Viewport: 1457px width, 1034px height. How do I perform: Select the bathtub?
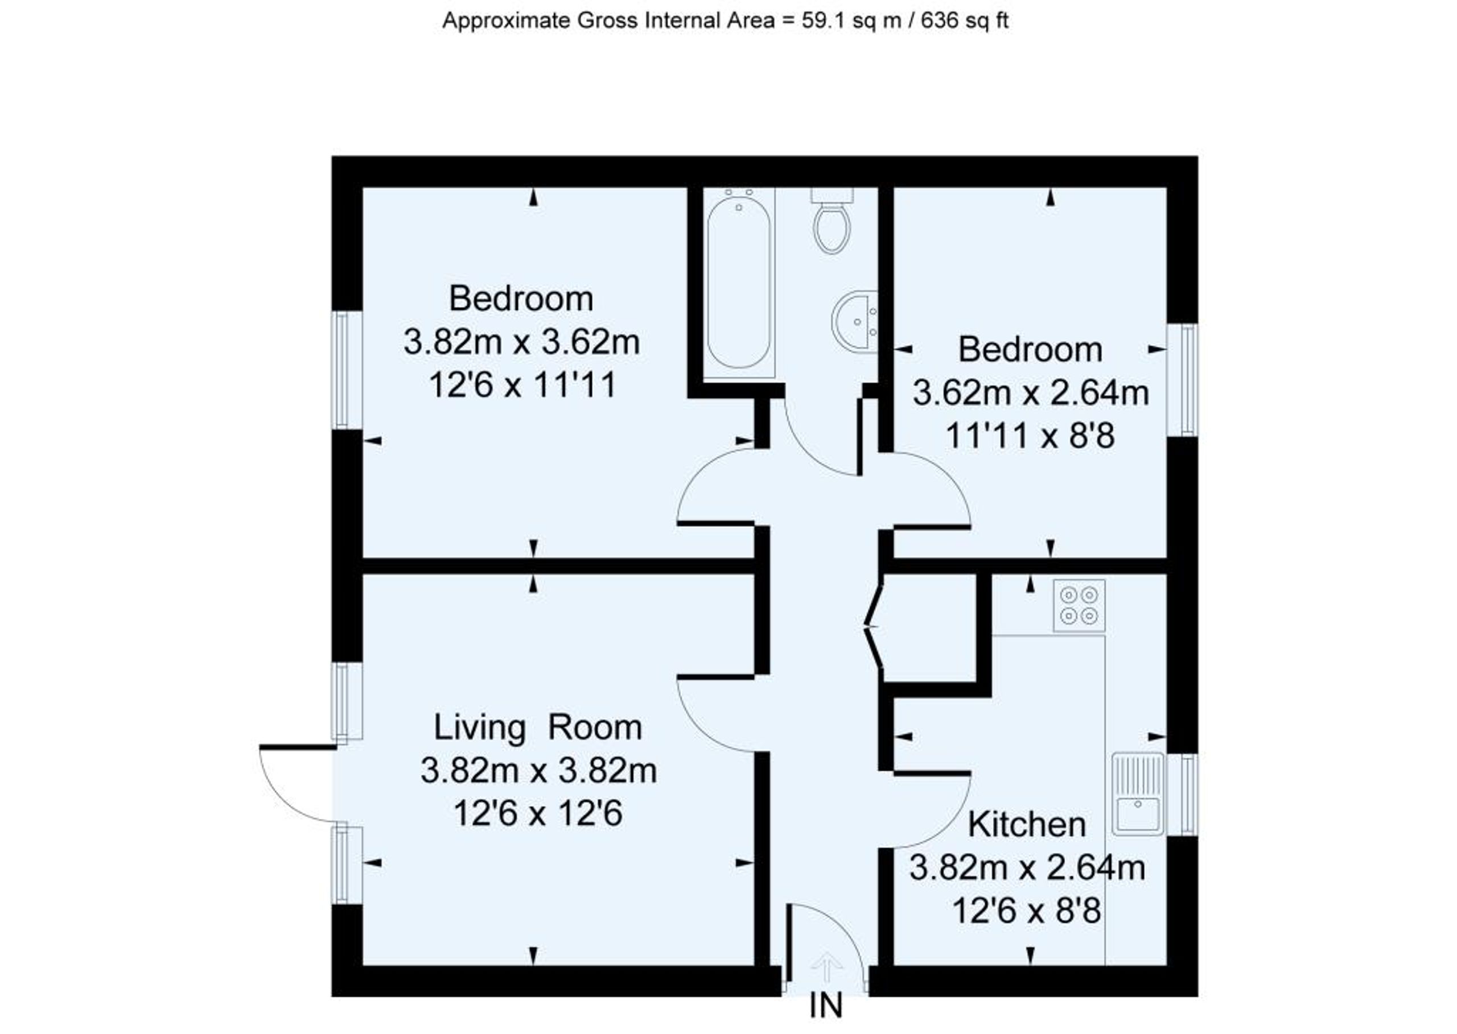pos(738,284)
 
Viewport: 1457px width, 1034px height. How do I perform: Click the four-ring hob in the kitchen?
pos(1079,606)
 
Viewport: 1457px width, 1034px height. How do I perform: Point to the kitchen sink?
pos(1138,794)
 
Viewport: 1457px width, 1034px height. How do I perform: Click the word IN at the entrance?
pos(826,1006)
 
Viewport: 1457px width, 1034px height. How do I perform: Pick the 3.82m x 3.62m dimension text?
pos(522,342)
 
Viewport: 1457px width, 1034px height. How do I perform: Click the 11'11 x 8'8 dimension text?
pos(1030,436)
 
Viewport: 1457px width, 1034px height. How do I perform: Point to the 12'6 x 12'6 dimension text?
pos(538,813)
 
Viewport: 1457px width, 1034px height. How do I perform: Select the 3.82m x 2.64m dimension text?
pos(1027,867)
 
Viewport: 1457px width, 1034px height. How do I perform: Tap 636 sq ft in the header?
pos(965,20)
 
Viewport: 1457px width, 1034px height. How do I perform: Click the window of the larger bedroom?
pos(347,370)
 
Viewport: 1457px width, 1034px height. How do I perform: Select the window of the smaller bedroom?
pos(1183,380)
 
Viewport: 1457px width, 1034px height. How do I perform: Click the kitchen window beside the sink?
pos(1183,794)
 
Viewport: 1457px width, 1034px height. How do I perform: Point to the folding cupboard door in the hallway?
pos(874,627)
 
